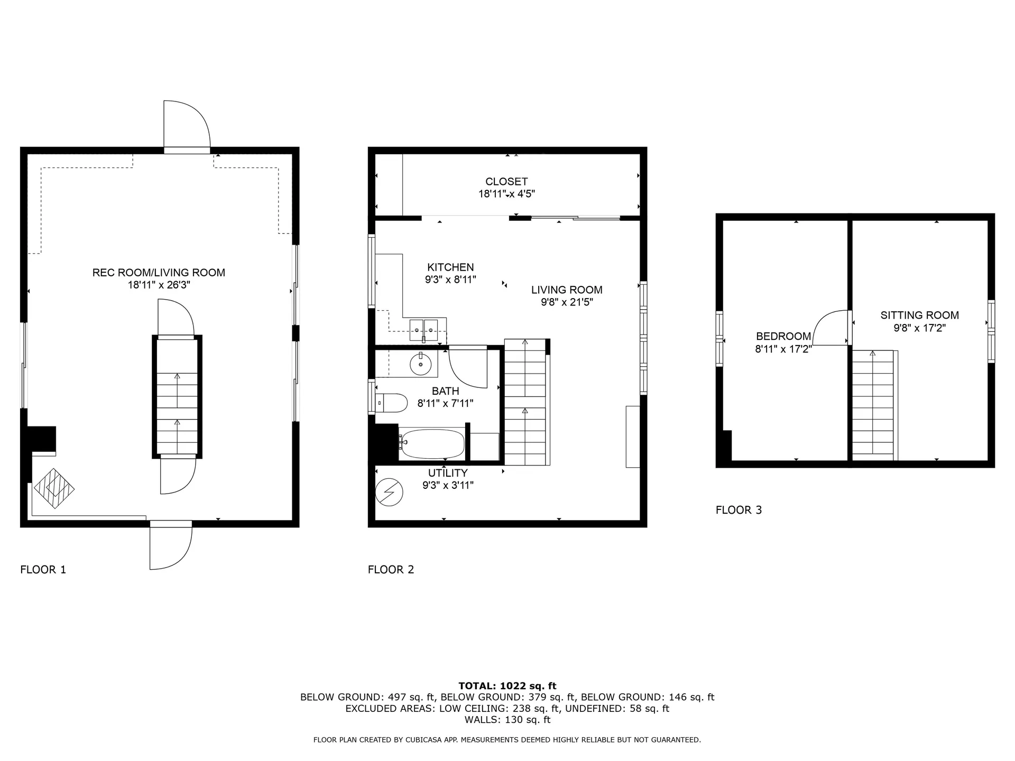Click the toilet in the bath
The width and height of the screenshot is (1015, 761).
pos(392,403)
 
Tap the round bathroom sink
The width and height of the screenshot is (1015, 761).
pos(421,364)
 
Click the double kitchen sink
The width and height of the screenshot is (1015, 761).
pos(423,330)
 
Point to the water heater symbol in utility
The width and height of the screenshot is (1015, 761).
pos(389,492)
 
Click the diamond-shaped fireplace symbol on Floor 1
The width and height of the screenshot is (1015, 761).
pos(54,489)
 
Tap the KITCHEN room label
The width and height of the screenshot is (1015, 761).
pos(450,267)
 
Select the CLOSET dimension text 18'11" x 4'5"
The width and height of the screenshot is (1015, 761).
pos(506,194)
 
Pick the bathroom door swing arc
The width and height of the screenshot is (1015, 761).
pos(467,367)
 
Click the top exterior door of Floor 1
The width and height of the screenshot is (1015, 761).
pos(186,126)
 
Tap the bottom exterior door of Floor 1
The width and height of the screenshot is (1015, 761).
pos(170,547)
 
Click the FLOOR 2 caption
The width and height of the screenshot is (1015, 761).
pos(391,570)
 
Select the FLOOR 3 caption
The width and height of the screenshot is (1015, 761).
pos(739,510)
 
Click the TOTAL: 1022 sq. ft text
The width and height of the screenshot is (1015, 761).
pos(507,686)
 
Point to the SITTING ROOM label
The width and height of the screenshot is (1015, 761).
pos(919,315)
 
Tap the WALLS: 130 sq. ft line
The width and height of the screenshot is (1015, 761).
pos(507,720)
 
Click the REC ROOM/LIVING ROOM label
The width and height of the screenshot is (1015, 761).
pos(159,273)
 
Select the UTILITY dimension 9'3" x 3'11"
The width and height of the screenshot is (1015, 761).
pos(448,485)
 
